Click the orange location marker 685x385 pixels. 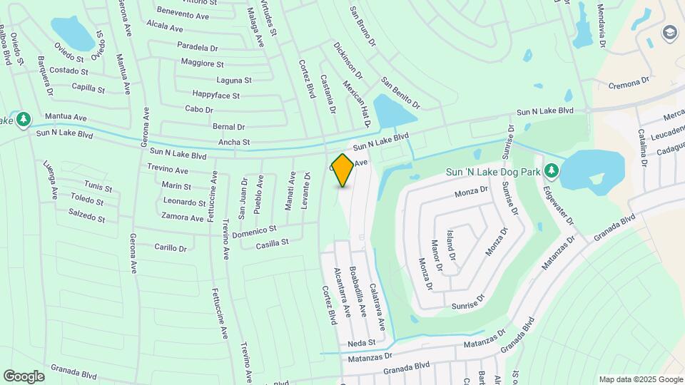[343, 170]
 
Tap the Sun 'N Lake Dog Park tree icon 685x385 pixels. [551, 171]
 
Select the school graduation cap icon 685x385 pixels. [669, 33]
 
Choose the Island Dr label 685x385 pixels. [450, 245]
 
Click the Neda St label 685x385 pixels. [362, 343]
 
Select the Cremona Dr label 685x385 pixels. [631, 84]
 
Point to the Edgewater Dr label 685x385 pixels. [558, 206]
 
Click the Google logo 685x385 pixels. [24, 376]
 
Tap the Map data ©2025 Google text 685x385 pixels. [641, 379]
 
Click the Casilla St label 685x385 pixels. [272, 243]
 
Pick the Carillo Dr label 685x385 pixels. [171, 247]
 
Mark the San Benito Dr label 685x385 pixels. [400, 93]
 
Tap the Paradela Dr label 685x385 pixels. [197, 47]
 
